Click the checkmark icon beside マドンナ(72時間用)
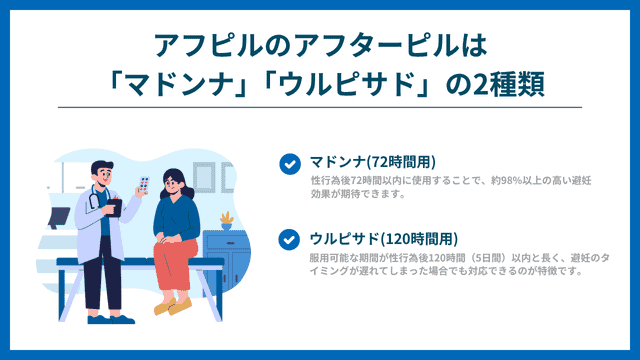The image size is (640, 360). click(x=289, y=163)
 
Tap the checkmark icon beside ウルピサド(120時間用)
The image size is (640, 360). click(x=289, y=239)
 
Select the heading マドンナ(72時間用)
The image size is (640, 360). click(x=372, y=162)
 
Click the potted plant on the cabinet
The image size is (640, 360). click(x=226, y=219)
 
